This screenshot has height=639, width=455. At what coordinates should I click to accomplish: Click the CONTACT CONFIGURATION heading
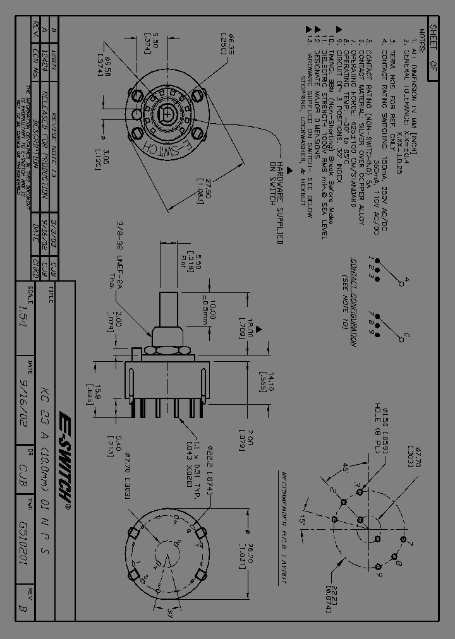coord(354,302)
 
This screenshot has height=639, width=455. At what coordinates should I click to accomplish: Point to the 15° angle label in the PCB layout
coord(306,520)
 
